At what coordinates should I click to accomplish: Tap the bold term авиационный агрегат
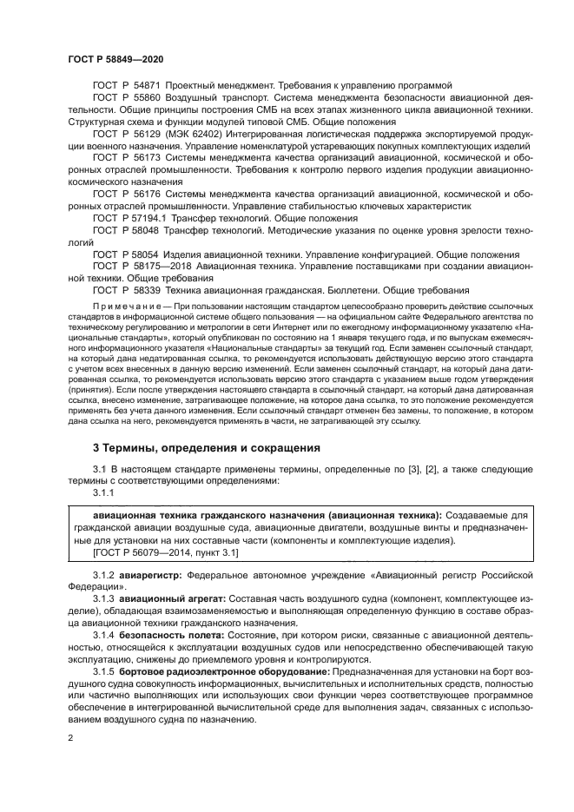pos(172,599)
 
